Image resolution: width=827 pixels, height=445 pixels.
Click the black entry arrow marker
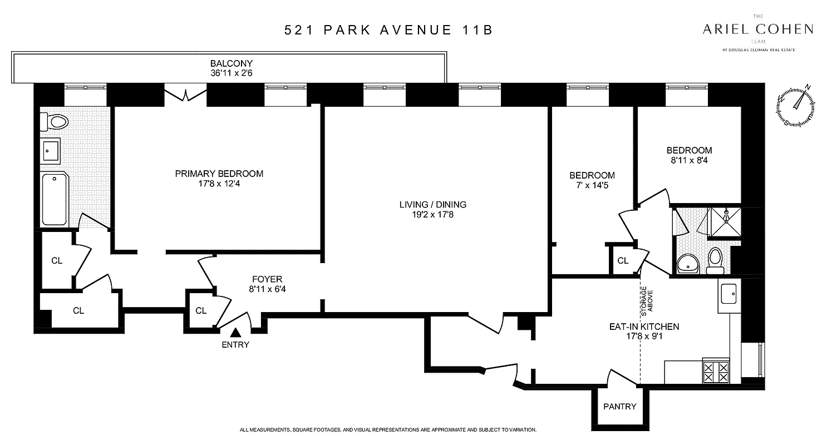pos(235,333)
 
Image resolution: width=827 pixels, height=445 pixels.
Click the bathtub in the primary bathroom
pos(55,199)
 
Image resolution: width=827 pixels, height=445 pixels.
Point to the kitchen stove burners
pos(716,372)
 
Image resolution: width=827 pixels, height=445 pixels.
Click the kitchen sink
pos(728,293)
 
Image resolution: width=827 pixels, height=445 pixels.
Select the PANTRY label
pos(619,407)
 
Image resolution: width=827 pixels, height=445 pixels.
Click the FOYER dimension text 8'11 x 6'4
pos(267,289)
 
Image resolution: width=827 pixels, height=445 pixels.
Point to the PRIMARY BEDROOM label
pos(219,174)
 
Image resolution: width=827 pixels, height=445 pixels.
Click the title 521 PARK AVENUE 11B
pos(388,30)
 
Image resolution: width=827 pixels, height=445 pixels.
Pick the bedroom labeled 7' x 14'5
pos(592,180)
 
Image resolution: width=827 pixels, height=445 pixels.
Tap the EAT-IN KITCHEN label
pos(643,327)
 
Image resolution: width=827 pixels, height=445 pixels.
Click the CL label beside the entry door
pos(201,311)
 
